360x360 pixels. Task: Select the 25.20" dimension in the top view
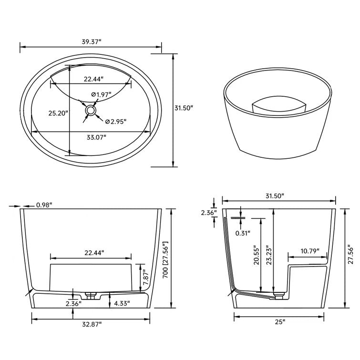tap(59, 113)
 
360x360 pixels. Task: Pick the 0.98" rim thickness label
tap(44, 205)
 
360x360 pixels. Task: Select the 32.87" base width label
tap(91, 324)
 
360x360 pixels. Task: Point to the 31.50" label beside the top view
tap(184, 108)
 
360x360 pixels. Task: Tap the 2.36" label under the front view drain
tap(73, 303)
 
